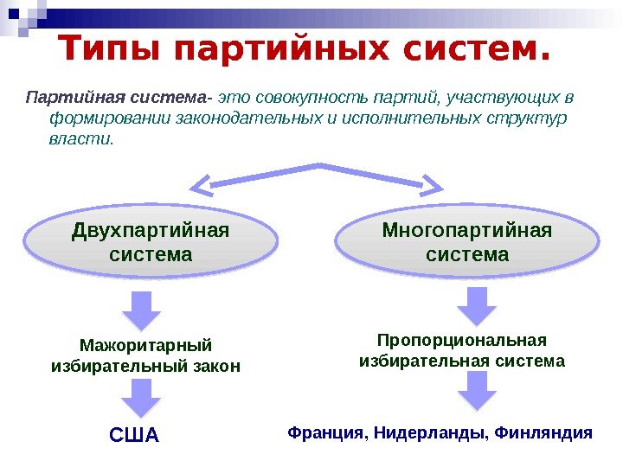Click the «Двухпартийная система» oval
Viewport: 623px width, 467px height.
151,244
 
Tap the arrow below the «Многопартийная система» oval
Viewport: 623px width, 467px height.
477,304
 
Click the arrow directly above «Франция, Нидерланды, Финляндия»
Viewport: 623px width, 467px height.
477,390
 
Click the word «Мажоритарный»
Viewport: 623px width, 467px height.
145,345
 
